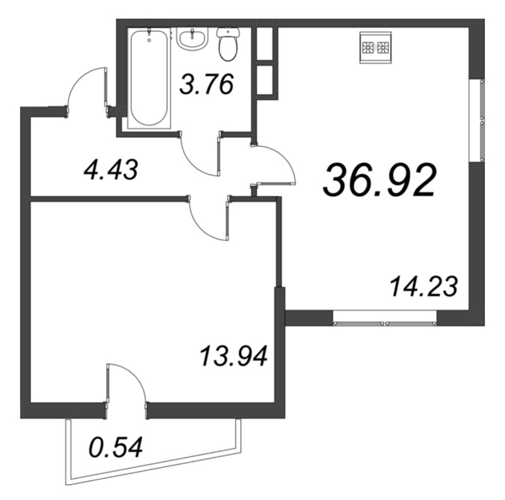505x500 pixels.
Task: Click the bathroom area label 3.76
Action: pos(206,84)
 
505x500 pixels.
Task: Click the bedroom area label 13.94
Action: pos(234,357)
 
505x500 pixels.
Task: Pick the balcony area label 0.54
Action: pos(115,448)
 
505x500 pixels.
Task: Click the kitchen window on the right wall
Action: pos(478,120)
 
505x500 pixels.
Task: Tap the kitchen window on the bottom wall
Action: pos(385,318)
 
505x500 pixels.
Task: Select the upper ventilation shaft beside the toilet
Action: pos(267,44)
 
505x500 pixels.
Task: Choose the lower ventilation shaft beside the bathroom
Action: pos(267,80)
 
